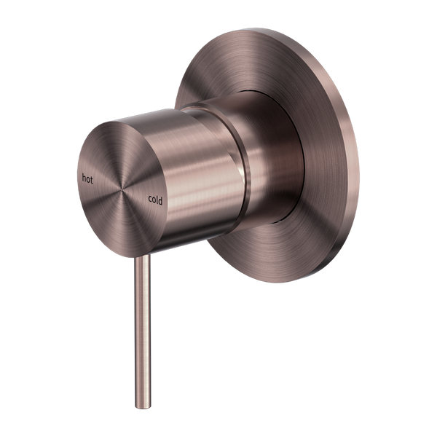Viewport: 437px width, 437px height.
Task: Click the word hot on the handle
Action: click(x=88, y=157)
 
